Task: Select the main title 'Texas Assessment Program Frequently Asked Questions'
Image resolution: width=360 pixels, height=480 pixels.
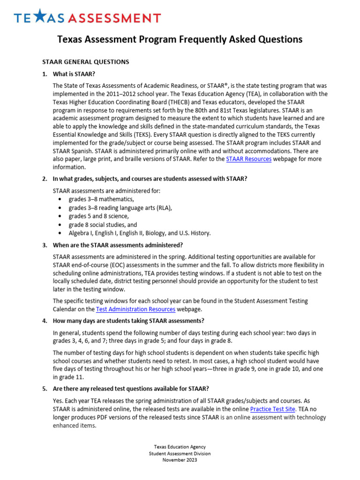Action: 180,39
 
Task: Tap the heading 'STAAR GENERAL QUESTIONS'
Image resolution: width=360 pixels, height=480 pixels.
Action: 85,62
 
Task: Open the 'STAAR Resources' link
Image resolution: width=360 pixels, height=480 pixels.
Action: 248,159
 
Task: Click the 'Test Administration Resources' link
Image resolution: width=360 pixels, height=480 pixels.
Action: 135,309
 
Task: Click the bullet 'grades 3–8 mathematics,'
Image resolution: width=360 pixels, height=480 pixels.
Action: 97,199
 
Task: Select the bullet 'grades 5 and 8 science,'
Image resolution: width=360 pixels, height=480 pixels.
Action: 98,216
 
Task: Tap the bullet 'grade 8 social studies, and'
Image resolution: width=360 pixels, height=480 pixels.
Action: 103,225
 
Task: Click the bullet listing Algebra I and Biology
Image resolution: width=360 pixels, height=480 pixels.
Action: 139,233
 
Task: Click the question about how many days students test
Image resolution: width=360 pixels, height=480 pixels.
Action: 128,321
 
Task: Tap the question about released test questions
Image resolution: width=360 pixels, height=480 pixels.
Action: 131,389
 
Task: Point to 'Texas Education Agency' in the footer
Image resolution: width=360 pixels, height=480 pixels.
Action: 180,447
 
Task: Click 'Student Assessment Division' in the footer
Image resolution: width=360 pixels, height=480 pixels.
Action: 180,453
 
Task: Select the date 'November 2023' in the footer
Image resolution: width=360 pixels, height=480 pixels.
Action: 180,460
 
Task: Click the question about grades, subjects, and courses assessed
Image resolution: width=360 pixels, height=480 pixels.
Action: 150,179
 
